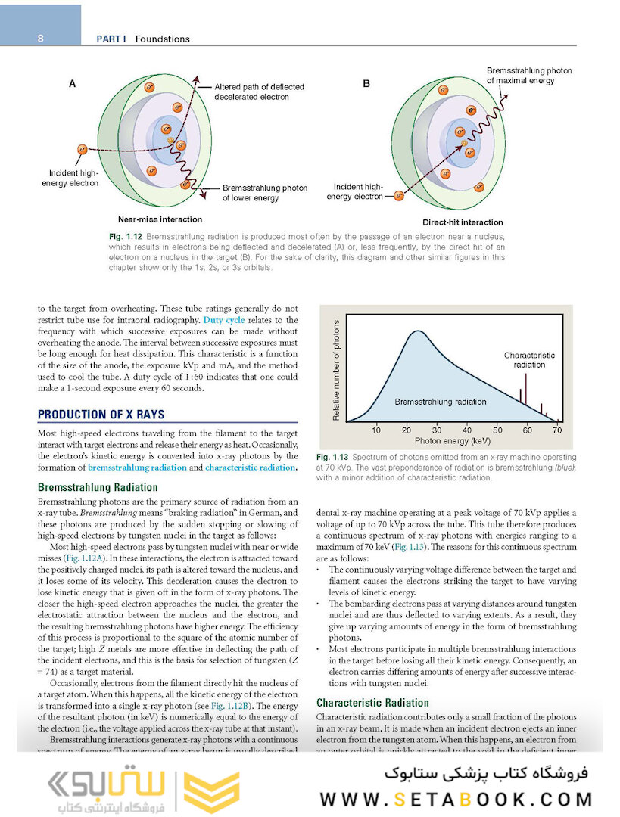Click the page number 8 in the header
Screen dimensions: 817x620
click(x=40, y=39)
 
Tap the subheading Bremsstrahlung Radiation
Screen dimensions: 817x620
click(x=98, y=487)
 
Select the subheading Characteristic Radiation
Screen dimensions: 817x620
click(x=372, y=702)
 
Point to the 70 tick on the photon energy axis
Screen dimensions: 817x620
click(x=557, y=430)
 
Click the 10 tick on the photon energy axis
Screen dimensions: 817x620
click(x=376, y=430)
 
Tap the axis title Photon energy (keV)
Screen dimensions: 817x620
click(x=453, y=440)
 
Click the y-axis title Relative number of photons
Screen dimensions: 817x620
click(x=336, y=370)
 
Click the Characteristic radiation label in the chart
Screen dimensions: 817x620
click(x=529, y=359)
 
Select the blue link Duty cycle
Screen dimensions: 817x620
click(x=224, y=320)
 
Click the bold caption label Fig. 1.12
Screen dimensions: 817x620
click(x=126, y=238)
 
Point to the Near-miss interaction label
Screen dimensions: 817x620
click(x=159, y=219)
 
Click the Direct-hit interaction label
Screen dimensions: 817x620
click(x=462, y=222)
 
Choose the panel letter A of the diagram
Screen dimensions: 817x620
click(x=73, y=85)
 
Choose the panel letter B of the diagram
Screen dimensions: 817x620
click(x=366, y=84)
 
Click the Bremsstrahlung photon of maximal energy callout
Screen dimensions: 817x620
click(x=528, y=76)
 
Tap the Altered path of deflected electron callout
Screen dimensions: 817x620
click(x=259, y=92)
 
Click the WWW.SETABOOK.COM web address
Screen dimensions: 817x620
click(x=456, y=799)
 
